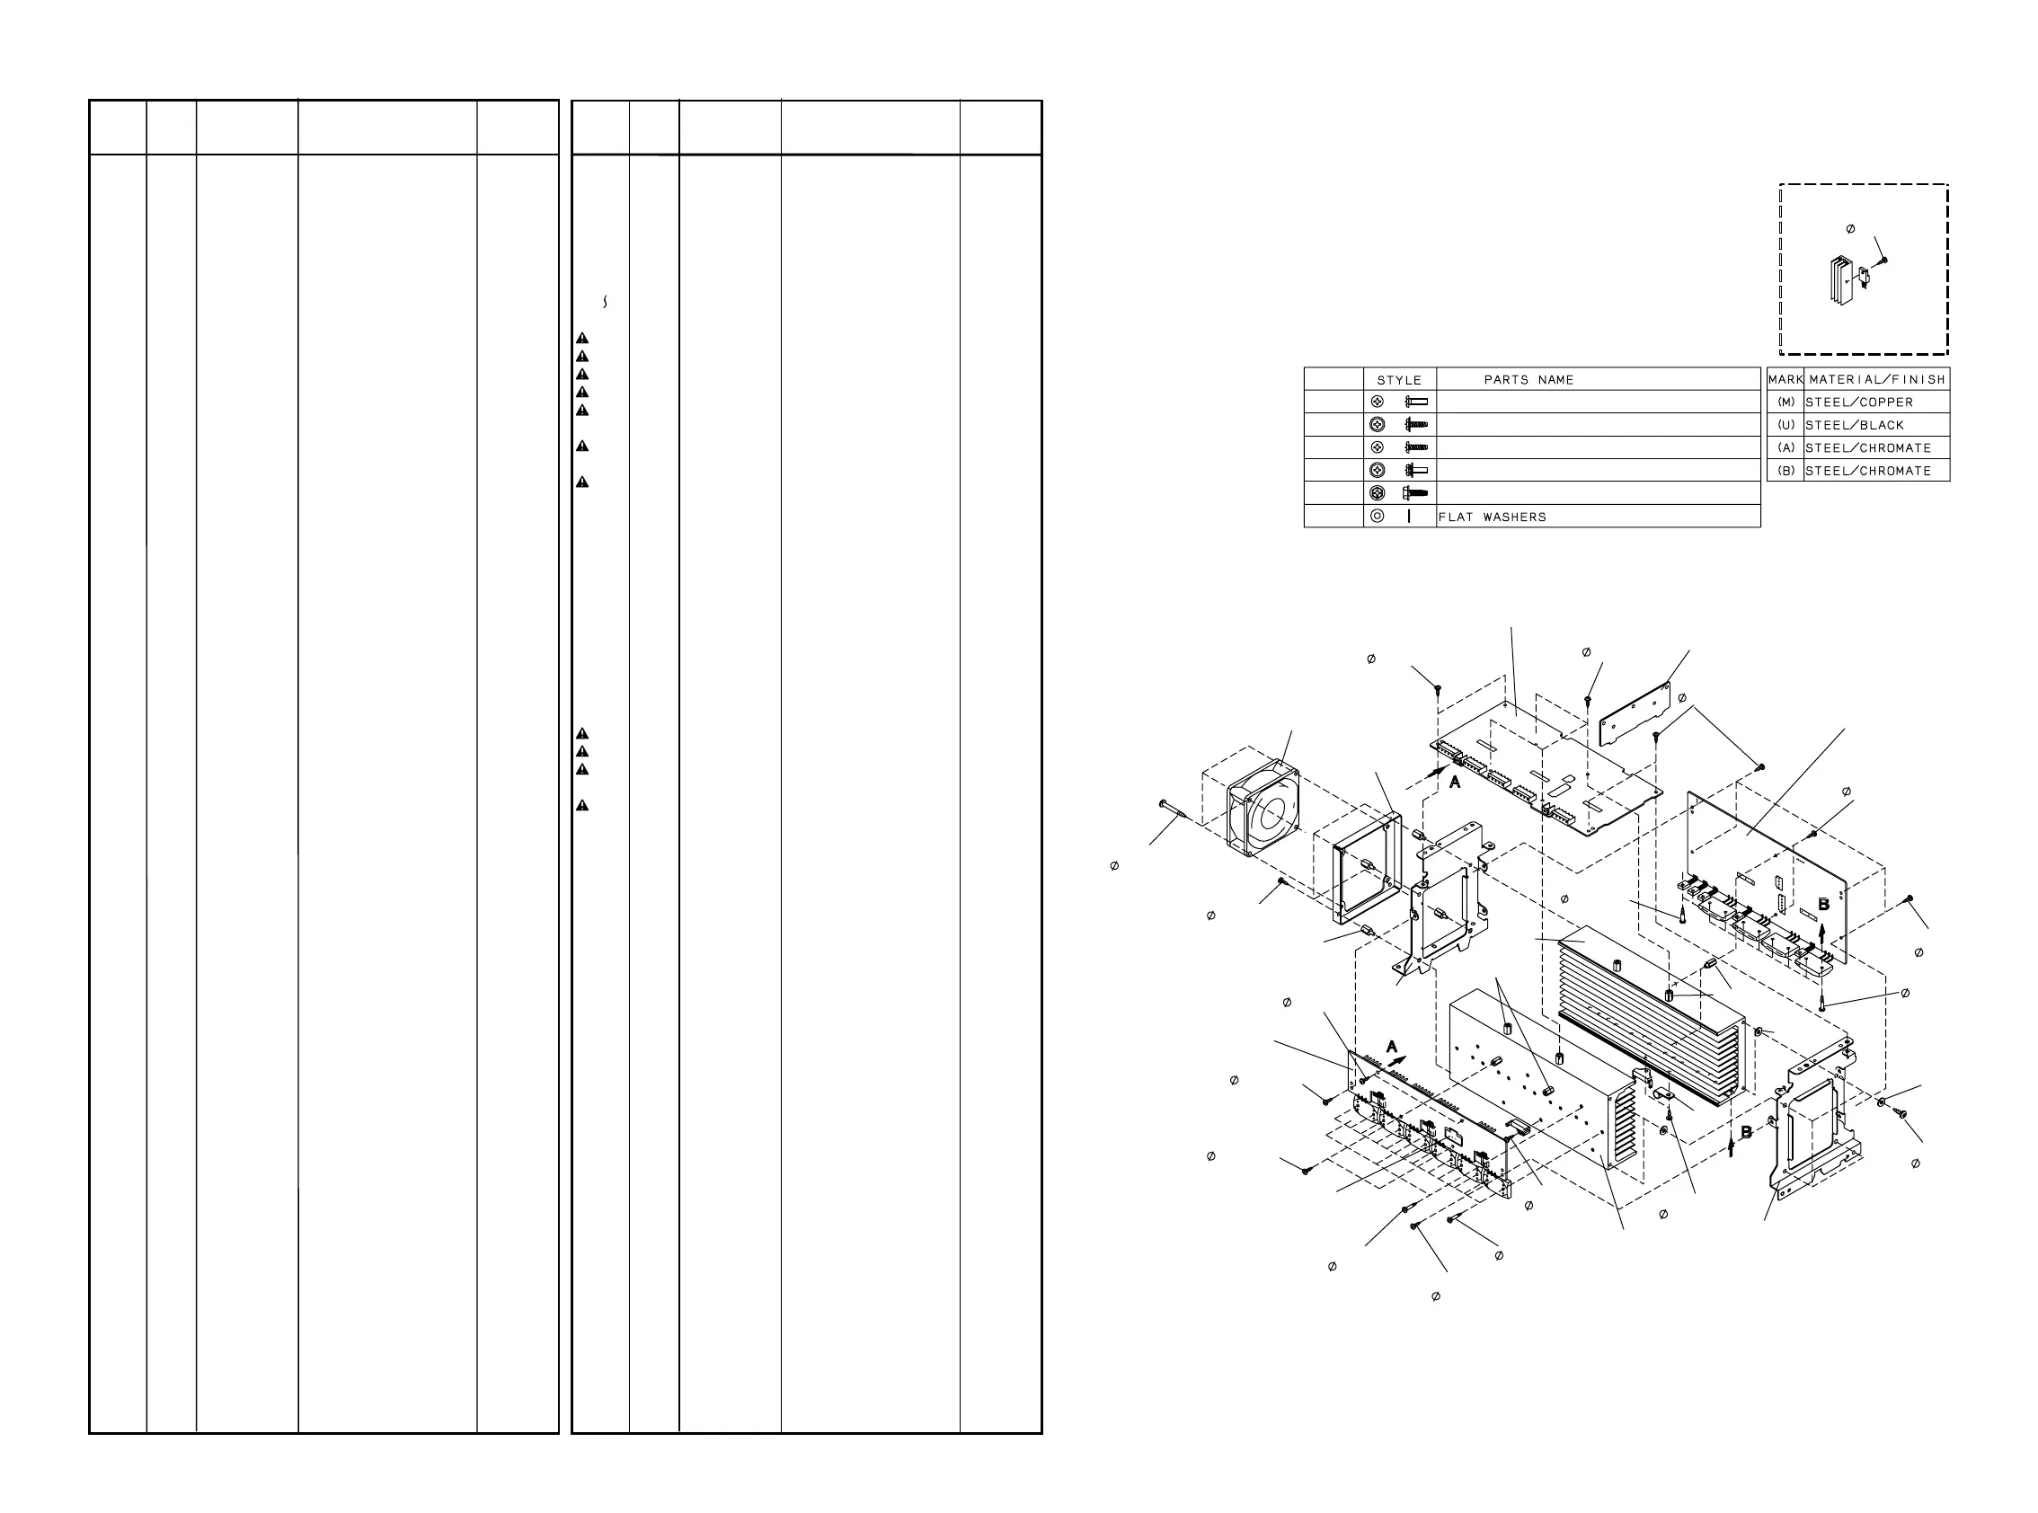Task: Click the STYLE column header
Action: tap(1399, 380)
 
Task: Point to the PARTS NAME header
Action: tap(1528, 380)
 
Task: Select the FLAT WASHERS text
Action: tap(1492, 518)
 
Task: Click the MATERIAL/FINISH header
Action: tap(1877, 379)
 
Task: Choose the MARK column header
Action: tap(1785, 379)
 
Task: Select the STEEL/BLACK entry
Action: tap(1855, 425)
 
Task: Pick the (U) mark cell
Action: tap(1785, 425)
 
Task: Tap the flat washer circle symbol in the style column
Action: tap(1377, 517)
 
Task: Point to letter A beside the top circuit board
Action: tap(1455, 782)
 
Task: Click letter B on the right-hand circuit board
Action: tap(1822, 904)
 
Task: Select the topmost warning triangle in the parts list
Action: tap(581, 339)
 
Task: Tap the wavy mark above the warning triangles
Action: tap(606, 301)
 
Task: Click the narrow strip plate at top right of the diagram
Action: tap(1634, 713)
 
